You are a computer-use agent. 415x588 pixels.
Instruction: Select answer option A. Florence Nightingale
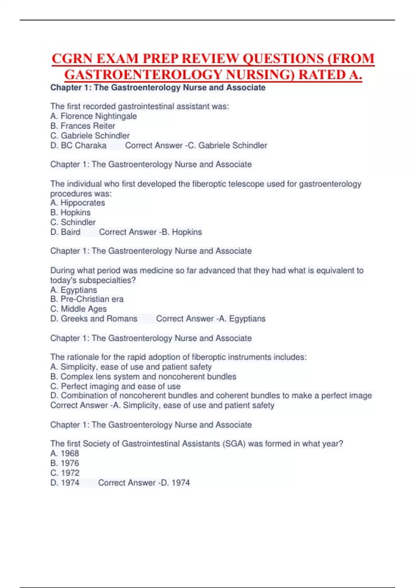(93, 116)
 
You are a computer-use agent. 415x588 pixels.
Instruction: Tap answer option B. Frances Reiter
(83, 126)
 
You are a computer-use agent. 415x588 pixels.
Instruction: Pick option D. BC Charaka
(79, 145)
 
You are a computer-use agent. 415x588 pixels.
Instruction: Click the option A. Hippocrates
(77, 203)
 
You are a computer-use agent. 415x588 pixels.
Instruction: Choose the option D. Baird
(65, 232)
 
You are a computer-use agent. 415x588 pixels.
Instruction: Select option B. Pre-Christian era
(87, 299)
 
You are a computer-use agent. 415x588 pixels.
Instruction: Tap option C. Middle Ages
(79, 309)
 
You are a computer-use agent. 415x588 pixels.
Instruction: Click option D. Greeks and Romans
(94, 319)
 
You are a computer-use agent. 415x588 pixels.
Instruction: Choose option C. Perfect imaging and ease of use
(116, 386)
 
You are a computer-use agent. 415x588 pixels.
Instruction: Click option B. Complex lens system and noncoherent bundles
(143, 377)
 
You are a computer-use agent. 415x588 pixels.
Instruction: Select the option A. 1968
(65, 453)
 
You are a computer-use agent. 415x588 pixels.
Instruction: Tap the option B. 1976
(65, 463)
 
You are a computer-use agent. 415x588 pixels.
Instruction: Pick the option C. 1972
(65, 473)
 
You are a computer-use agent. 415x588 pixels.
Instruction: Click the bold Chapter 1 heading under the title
(158, 88)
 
